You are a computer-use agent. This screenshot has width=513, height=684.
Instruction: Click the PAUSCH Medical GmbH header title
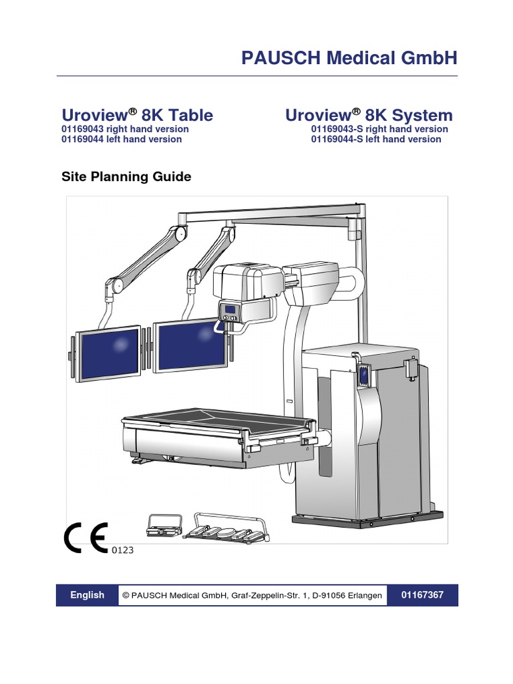tap(349, 58)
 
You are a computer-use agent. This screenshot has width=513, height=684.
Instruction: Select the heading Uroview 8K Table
tap(137, 115)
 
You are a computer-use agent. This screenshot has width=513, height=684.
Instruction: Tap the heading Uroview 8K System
tap(369, 115)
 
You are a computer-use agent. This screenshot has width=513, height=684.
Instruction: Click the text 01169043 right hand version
tap(125, 129)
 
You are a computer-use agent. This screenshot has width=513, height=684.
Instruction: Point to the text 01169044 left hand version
tap(122, 139)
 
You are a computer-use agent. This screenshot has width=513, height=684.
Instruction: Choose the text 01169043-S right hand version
tap(379, 129)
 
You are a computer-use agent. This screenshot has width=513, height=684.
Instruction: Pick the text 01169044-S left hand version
tap(376, 139)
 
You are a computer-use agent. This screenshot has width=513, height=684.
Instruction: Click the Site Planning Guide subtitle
tap(126, 177)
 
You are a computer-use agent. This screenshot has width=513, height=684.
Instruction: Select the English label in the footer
tap(88, 595)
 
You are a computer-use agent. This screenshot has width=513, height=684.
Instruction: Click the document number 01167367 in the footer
tap(422, 595)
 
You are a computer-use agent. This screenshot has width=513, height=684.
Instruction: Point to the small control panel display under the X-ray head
tap(230, 311)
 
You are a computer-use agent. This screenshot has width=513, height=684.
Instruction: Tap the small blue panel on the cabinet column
tap(364, 377)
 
